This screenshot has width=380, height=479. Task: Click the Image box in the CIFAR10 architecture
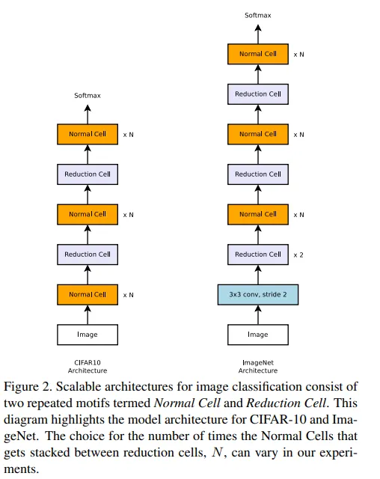coord(88,335)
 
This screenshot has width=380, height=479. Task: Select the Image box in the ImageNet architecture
coord(258,335)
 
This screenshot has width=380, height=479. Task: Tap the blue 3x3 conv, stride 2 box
coord(258,294)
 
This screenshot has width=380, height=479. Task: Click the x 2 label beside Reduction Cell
coord(298,254)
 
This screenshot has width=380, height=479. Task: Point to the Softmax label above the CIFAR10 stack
coord(88,95)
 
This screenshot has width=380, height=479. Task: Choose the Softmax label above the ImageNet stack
coord(258,15)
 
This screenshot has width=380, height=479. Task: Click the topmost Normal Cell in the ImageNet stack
coord(258,54)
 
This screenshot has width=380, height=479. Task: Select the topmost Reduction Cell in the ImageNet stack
coord(258,94)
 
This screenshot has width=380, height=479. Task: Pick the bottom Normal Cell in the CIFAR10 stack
coord(88,294)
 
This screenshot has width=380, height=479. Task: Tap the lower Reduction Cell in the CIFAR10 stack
coord(88,254)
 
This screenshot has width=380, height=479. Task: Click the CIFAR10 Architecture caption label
coord(88,367)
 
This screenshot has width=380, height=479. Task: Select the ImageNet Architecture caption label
coord(258,367)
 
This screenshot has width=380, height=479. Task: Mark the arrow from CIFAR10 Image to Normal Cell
coord(88,314)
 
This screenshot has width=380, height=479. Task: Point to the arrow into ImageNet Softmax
coord(258,34)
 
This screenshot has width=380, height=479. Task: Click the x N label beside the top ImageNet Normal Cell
coord(298,55)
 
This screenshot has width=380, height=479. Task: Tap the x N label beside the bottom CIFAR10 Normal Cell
coord(128,295)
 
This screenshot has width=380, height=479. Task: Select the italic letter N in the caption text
coord(218,452)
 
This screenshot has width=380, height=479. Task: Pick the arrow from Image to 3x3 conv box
coord(258,314)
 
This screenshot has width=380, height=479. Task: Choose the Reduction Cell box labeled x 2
coord(258,254)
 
